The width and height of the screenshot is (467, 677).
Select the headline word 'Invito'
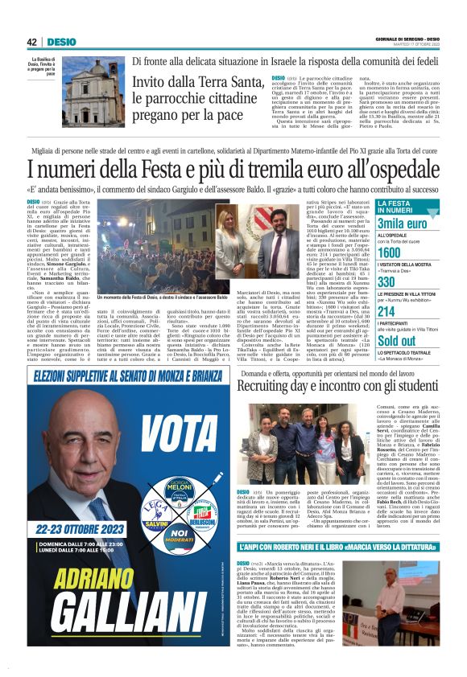(155, 84)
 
